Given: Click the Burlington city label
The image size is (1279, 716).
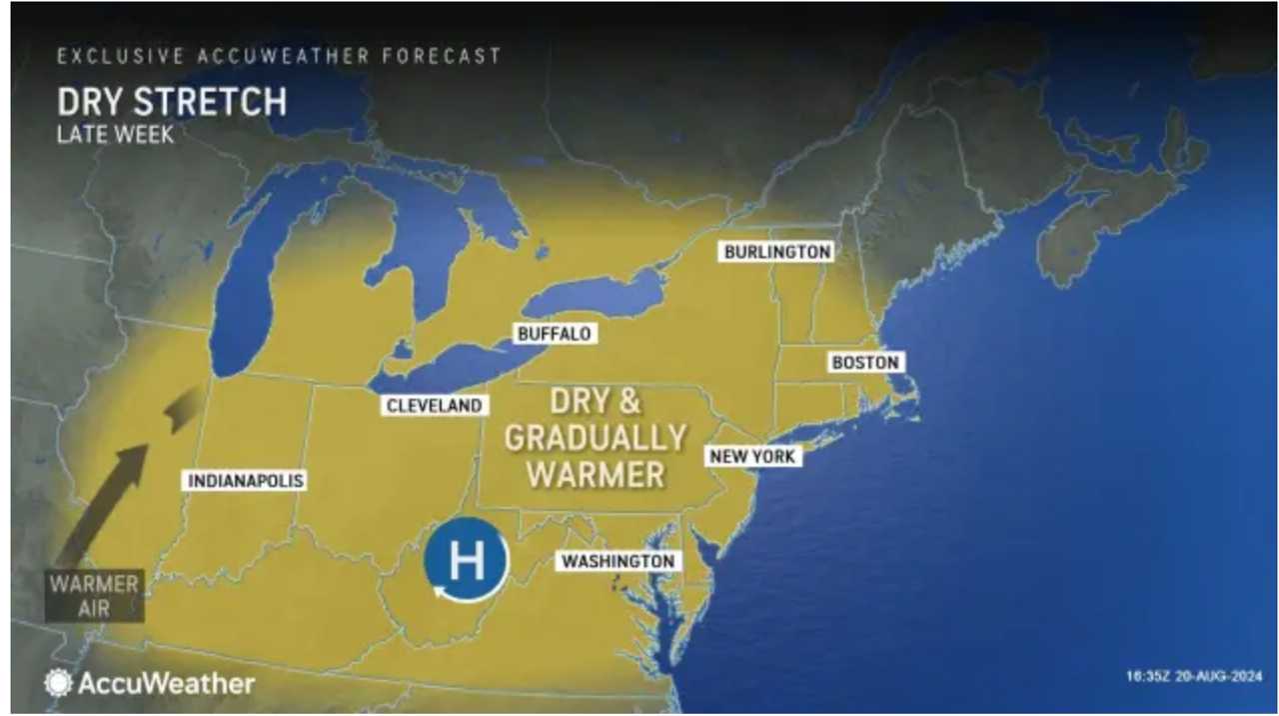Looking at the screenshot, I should click(777, 252).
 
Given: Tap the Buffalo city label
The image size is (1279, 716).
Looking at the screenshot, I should click(555, 334).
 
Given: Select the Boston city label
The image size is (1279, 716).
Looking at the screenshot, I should click(865, 362).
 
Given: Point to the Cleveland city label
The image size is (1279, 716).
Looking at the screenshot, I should click(435, 405).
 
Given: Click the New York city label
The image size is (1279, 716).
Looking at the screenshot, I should click(752, 456).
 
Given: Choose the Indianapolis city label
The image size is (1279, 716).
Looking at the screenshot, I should click(246, 481).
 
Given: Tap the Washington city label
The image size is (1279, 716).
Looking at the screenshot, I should click(618, 561).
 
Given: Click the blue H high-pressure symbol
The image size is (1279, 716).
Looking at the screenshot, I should click(466, 561).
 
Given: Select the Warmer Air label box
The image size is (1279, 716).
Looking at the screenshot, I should click(94, 596).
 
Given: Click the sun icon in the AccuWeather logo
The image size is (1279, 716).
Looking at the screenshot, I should click(58, 683).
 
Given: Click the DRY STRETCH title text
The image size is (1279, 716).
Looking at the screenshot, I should click(172, 102).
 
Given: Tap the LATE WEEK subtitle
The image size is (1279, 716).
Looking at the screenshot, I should click(115, 135).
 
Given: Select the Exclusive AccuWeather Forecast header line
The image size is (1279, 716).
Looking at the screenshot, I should click(279, 57).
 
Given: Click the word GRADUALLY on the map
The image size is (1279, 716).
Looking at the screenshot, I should click(596, 438).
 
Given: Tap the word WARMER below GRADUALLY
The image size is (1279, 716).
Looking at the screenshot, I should click(596, 474).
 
